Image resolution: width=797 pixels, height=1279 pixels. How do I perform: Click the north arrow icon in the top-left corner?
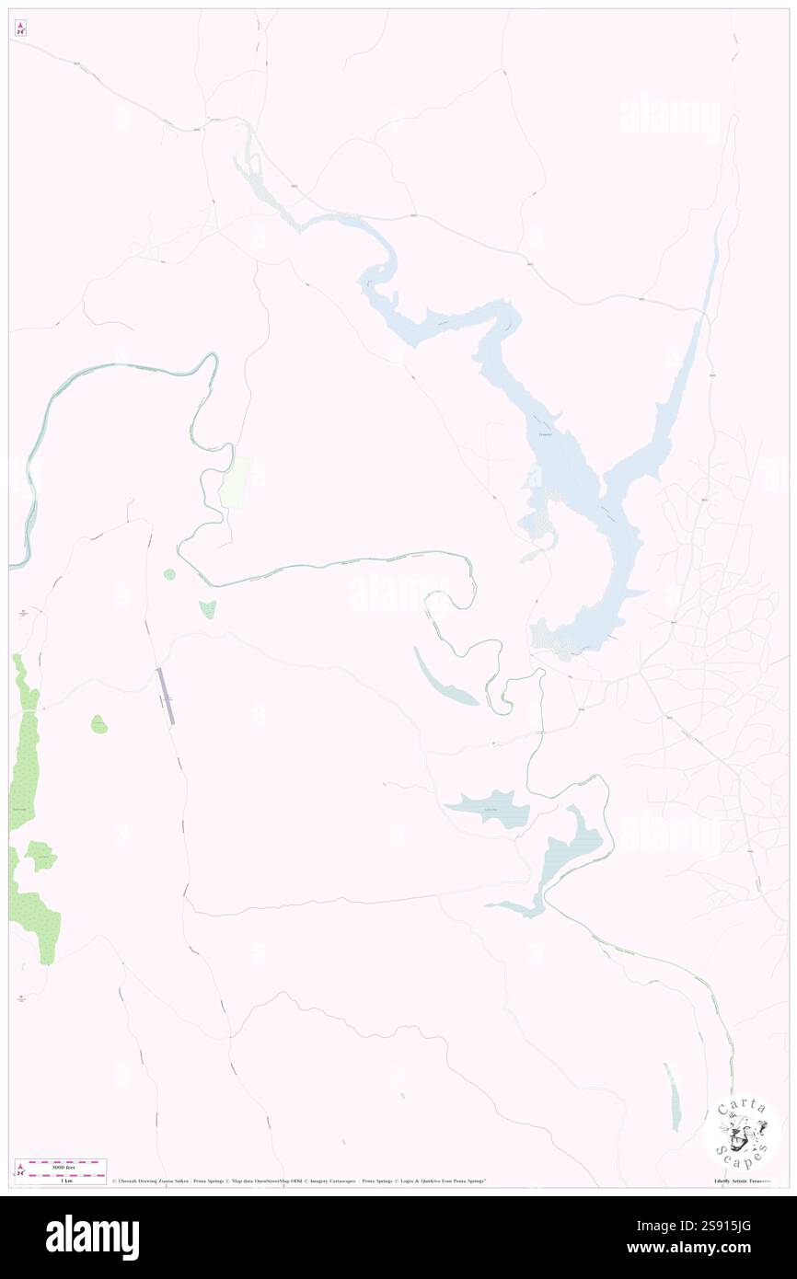pos(20,29)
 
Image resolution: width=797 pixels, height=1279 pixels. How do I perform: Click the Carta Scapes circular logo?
pos(742,1131)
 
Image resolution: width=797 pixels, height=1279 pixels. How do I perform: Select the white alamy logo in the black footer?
pos(92,1238)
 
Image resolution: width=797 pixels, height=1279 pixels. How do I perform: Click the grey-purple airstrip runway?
pos(164,696)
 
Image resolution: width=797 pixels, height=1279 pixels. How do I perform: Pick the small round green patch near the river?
pos(169,574)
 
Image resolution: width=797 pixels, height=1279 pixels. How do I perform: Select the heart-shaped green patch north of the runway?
pos(208,607)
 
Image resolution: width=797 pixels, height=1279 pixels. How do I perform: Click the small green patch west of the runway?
pos(98,725)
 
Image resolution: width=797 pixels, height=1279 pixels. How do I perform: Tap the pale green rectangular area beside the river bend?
pos(235,480)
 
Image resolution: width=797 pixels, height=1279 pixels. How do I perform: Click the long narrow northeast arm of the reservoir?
pos(686,350)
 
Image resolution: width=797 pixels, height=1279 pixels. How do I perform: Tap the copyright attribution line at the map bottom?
pos(299,1181)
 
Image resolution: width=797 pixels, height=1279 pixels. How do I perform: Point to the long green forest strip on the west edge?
pos(25,745)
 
